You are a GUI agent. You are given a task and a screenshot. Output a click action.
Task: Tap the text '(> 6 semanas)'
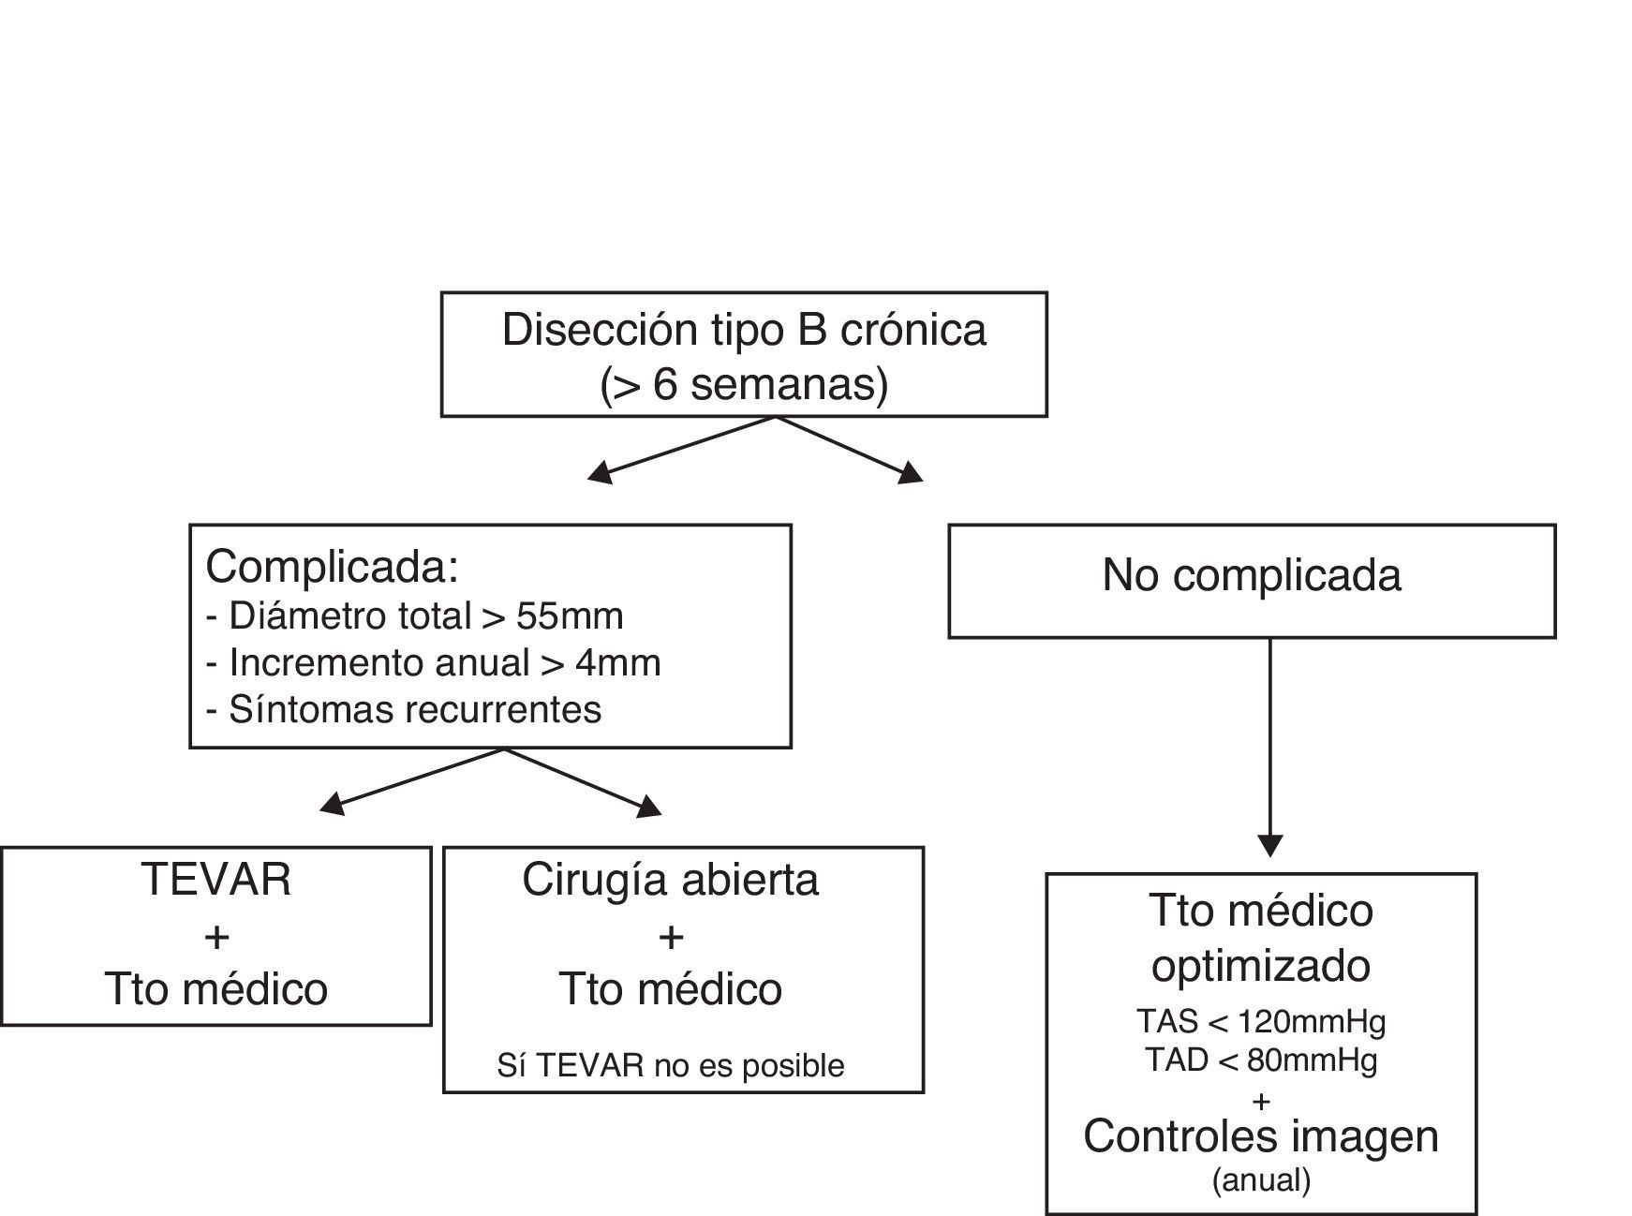[744, 385]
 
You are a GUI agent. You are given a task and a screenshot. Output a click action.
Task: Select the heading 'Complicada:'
[333, 566]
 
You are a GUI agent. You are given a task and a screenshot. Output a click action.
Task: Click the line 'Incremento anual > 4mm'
[433, 662]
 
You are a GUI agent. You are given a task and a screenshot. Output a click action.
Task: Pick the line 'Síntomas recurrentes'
[403, 709]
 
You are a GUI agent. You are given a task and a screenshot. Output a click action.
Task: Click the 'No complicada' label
[1252, 574]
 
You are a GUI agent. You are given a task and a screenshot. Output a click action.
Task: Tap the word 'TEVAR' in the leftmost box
[216, 880]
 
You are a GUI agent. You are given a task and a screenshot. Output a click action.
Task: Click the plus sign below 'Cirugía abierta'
[671, 936]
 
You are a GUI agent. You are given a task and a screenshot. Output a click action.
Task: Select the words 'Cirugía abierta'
[671, 880]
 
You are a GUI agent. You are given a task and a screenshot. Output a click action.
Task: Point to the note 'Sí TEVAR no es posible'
[671, 1065]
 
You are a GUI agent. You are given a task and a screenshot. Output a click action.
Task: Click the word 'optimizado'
[1261, 965]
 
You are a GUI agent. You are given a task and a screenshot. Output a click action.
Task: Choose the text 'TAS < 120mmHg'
[1261, 1020]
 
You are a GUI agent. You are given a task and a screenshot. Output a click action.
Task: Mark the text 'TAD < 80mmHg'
[1261, 1060]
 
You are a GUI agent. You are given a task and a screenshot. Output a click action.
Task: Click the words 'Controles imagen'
[1261, 1136]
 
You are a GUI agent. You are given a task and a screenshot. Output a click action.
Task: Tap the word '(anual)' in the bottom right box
[1261, 1179]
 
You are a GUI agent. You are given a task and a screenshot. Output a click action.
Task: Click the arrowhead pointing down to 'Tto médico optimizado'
[1269, 845]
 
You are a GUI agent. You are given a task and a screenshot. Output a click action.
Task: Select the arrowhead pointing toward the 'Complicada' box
[601, 473]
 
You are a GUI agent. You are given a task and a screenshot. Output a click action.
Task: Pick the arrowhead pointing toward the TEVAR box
[333, 804]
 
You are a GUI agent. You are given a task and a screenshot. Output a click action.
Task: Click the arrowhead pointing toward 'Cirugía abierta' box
[649, 807]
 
